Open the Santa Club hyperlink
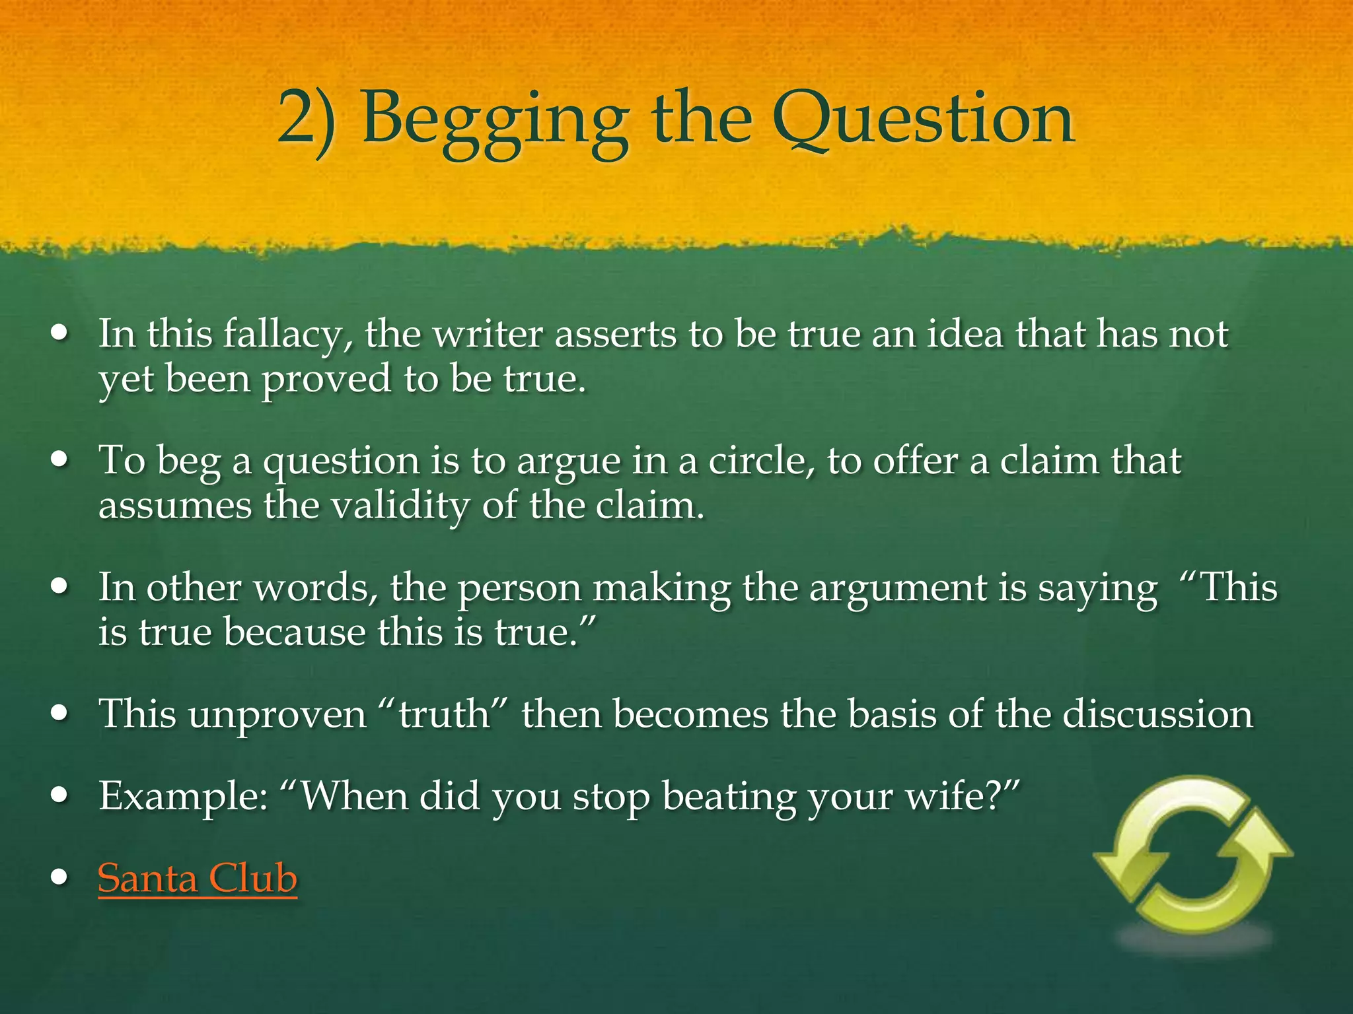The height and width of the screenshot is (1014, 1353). [198, 879]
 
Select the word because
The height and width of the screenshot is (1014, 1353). [294, 632]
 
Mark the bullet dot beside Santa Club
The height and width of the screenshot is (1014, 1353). [61, 878]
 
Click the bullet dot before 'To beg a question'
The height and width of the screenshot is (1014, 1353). [61, 460]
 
